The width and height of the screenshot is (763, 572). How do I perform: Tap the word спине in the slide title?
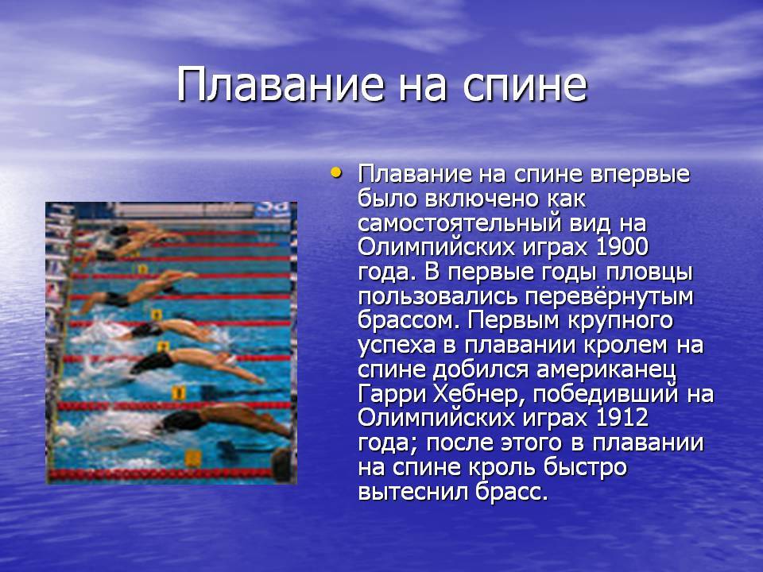point(525,86)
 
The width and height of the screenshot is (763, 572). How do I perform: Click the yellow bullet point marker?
point(335,172)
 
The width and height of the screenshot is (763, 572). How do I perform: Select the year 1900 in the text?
point(622,247)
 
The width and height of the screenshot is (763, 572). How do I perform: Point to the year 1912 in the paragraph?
point(622,417)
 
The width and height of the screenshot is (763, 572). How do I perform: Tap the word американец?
point(606,369)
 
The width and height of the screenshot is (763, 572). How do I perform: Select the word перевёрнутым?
point(610,296)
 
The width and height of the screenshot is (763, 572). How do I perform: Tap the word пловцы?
point(649,272)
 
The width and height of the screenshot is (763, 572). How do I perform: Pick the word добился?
point(481,369)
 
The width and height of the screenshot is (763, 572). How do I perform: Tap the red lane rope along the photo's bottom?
point(161,473)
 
